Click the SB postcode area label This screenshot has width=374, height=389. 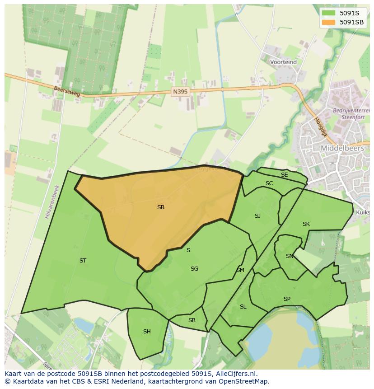(161, 207)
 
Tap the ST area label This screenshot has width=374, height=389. (83, 261)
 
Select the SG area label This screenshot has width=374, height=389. (194, 269)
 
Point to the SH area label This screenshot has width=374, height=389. (147, 332)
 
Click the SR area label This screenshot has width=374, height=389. (192, 320)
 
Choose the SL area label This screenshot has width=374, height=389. (243, 307)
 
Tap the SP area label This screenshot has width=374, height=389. (287, 299)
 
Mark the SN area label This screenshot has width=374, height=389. (290, 256)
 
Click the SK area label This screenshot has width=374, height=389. (306, 224)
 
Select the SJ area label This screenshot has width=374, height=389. (257, 216)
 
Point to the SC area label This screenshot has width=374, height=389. (269, 183)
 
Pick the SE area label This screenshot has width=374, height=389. (284, 175)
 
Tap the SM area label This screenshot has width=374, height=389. (240, 270)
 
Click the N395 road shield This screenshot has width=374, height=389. (180, 92)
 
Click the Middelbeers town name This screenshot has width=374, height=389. (342, 148)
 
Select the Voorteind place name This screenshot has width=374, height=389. (283, 62)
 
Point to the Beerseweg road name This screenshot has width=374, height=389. (66, 92)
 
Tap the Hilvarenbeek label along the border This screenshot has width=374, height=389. (52, 202)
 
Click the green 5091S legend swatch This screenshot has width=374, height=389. (328, 13)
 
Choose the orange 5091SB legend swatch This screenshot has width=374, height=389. (328, 22)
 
